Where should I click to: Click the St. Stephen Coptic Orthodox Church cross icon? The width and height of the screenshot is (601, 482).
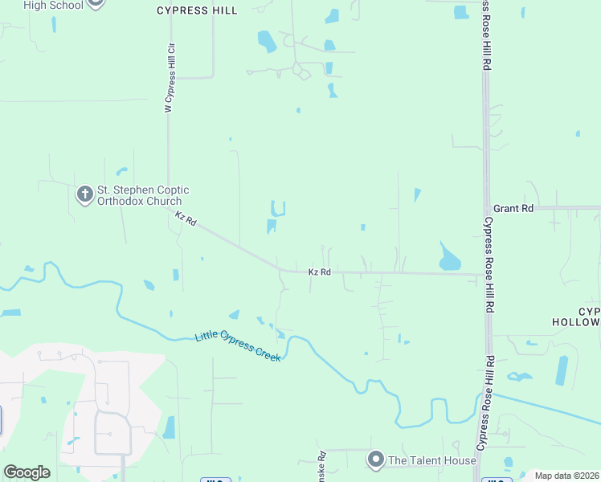coord(85,194)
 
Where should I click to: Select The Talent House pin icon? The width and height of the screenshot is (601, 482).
coord(375,460)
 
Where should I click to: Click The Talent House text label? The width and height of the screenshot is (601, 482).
coord(432,460)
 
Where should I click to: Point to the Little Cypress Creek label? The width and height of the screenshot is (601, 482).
coord(238,347)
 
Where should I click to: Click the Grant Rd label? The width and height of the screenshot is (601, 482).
coord(513,208)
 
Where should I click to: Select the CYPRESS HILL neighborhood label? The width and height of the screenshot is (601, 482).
coord(197,10)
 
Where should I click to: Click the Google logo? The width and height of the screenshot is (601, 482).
coord(27,472)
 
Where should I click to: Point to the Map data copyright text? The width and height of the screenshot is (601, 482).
coord(566,476)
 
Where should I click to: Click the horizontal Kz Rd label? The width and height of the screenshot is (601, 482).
coord(320,272)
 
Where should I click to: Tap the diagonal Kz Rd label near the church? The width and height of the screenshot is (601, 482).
coord(186,218)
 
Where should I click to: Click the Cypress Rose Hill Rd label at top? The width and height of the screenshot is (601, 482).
coord(486,35)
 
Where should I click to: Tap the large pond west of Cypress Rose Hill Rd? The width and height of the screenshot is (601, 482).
coord(449,259)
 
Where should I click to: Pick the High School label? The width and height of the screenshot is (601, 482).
coord(53,5)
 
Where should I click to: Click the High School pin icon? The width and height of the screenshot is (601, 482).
coord(96,2)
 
